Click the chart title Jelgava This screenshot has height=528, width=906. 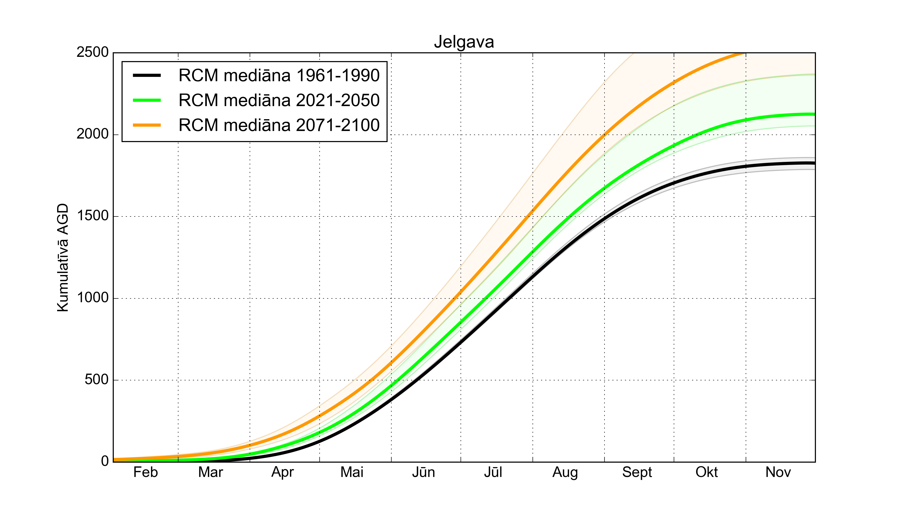tap(464, 42)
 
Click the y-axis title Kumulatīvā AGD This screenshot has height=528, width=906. tap(63, 257)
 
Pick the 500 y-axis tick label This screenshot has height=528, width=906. tap(96, 379)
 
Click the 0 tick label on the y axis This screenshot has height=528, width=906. tap(105, 461)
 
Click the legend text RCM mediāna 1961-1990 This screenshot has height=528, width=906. tap(279, 75)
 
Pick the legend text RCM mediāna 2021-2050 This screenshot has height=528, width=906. tap(279, 100)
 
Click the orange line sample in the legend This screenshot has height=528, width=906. tap(147, 125)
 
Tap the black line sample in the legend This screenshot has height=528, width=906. tap(147, 75)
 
